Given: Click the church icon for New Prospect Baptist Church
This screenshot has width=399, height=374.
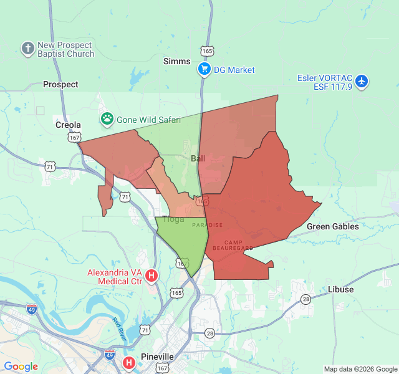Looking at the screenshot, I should tap(27, 48).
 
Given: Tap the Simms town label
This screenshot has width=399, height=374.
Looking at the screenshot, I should tap(176, 61).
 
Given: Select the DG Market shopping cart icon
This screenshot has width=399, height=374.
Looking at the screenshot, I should tap(204, 69).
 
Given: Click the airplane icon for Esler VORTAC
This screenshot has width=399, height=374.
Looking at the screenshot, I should tap(362, 81).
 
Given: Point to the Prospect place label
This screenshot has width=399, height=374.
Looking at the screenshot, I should tap(60, 84).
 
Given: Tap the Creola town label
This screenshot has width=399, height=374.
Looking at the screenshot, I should tap(68, 125).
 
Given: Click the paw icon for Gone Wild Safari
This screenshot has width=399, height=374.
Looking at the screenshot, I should tap(107, 118).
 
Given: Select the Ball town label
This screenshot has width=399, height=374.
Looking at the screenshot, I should tap(198, 158).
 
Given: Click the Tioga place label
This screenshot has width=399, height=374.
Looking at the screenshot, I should tap(173, 219).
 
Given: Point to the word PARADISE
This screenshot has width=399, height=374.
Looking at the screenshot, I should tap(207, 225).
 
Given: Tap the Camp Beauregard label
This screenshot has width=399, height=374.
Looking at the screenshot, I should tap(238, 245).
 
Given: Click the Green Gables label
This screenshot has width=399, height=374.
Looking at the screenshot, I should tap(333, 226).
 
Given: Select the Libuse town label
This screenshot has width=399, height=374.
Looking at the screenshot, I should tap(340, 289).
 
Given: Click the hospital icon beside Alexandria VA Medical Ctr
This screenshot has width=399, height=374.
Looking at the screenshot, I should tap(151, 275).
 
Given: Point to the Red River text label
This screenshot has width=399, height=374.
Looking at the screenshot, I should tap(119, 328).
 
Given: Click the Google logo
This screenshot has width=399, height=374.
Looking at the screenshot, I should tap(21, 367).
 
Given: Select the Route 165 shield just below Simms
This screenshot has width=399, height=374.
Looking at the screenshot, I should tap(208, 50).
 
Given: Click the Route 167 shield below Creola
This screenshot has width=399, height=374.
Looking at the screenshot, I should tap(75, 137).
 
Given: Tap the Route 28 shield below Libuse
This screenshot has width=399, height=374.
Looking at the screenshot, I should tap(305, 300).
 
